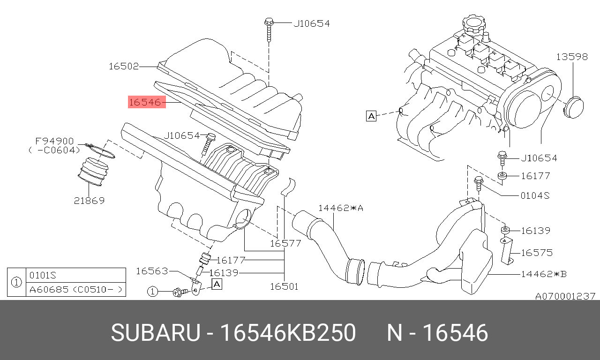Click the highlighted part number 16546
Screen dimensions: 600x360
(147, 102)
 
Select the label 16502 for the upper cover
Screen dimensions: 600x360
(124, 66)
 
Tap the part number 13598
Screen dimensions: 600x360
(572, 57)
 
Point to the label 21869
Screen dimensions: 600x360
(89, 201)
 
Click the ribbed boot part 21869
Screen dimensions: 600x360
(93, 172)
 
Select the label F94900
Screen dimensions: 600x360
(54, 141)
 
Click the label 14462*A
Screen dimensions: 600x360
(341, 208)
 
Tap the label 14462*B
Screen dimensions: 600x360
(544, 274)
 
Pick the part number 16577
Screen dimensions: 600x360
(285, 243)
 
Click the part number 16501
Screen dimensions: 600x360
(284, 286)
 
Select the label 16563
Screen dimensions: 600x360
(152, 271)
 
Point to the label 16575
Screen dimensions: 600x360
(537, 253)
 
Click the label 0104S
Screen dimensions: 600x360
(535, 196)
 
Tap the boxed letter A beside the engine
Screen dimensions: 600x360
(371, 116)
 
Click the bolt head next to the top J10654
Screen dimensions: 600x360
(269, 22)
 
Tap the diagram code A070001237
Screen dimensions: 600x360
(565, 296)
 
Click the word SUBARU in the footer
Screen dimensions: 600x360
(156, 333)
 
